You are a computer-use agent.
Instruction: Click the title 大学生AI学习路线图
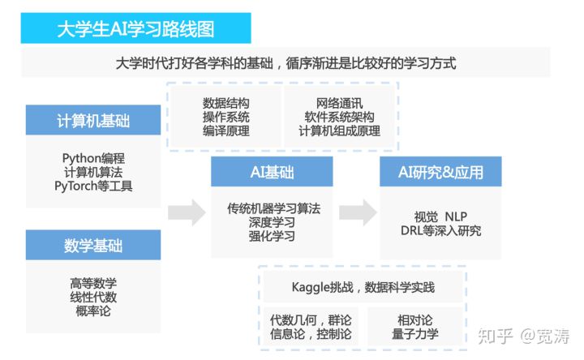pos(136,28)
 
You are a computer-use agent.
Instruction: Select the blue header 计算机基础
pos(93,121)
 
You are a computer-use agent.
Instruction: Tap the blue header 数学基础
pos(93,246)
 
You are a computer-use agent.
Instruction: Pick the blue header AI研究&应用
pos(440,173)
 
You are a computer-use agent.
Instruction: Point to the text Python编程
pos(93,157)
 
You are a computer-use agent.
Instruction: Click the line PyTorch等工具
pos(93,186)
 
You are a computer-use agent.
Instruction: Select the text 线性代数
pos(93,298)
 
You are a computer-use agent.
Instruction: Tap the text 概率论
pos(93,312)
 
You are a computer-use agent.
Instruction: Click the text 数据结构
pos(225,103)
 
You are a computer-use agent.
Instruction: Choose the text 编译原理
pos(225,131)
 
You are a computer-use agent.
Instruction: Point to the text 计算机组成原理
pos(339,131)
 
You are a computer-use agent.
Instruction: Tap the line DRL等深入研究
pos(440,230)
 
